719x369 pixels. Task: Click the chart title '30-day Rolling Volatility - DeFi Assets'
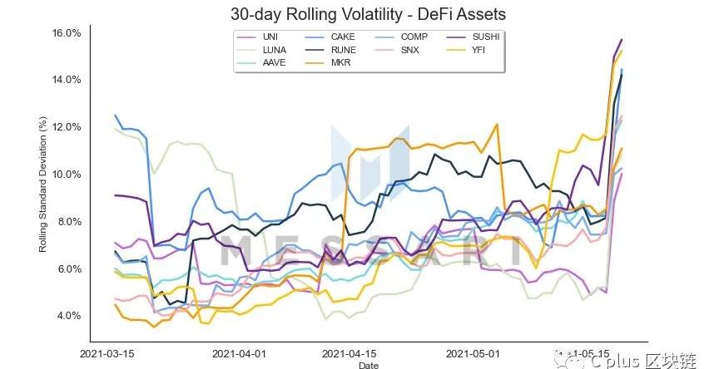(368, 15)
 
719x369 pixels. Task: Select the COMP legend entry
(414, 37)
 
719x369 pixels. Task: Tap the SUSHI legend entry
(487, 37)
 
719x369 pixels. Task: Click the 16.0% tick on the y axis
(67, 33)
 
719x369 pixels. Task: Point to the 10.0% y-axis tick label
(67, 175)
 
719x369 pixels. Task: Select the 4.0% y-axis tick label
(67, 316)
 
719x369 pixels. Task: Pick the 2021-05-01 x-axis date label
(472, 352)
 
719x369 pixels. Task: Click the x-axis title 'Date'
(367, 364)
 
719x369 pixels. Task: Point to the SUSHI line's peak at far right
(621, 40)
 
